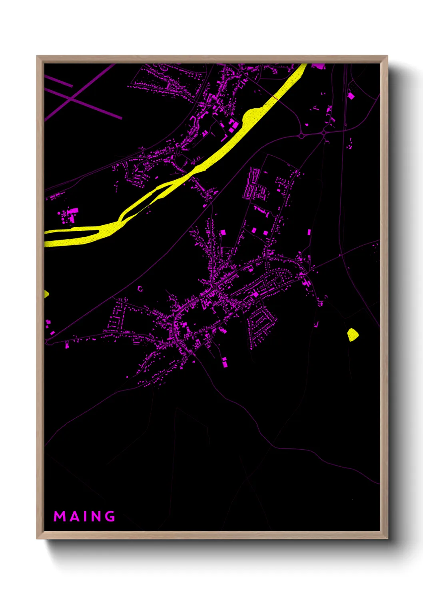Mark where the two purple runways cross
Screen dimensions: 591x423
[72, 98]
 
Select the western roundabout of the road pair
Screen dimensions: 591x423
[301, 136]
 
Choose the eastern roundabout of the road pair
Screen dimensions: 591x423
[324, 133]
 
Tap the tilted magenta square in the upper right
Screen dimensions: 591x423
[351, 95]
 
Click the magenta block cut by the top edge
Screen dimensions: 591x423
[318, 65]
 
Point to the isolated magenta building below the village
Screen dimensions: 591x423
[225, 363]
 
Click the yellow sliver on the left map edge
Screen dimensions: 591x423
[46, 294]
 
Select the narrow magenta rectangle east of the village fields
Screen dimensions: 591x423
[309, 232]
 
